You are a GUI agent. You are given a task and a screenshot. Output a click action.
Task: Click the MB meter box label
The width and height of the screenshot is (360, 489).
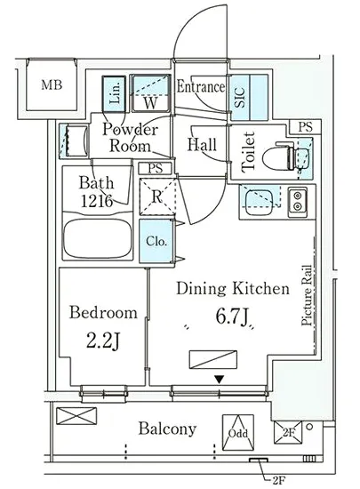pos(52,84)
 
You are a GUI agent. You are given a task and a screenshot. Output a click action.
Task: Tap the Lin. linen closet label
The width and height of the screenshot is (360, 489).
pos(115,93)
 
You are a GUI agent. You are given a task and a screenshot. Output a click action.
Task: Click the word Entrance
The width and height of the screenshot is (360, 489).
pos(200,86)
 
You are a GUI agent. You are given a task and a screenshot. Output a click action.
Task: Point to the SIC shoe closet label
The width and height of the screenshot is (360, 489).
pos(239,97)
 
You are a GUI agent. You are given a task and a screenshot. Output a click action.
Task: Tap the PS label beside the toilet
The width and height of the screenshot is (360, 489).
pos(305,127)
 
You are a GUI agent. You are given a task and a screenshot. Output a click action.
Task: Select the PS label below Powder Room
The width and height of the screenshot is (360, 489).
pos(156,169)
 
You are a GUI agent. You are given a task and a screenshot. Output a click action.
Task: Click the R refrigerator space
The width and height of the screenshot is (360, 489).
pos(157,196)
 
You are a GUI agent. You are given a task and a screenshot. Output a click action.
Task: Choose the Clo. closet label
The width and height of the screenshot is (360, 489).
pos(156,241)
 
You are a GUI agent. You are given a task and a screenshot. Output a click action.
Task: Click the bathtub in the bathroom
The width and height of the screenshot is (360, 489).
pos(98,237)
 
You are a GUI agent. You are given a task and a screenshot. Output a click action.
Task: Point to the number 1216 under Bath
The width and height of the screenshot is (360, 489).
pos(97,201)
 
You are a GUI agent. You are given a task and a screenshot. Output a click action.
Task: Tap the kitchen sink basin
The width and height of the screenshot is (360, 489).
pos(259,202)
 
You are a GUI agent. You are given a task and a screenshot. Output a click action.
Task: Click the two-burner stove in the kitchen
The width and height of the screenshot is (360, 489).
pos(298,202)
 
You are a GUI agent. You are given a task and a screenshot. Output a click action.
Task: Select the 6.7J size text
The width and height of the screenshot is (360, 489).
pos(232,317)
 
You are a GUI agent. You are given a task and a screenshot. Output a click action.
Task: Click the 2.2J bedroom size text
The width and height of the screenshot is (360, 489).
pos(103,341)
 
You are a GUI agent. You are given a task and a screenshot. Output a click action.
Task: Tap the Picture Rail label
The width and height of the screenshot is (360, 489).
pos(307,295)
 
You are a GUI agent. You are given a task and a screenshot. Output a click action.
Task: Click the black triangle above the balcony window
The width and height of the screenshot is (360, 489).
pos(220,380)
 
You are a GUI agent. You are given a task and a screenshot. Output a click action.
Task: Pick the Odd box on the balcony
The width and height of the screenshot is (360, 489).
pos(238,432)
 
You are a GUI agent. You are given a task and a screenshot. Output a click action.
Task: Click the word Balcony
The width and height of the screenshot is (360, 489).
pos(167,429)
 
